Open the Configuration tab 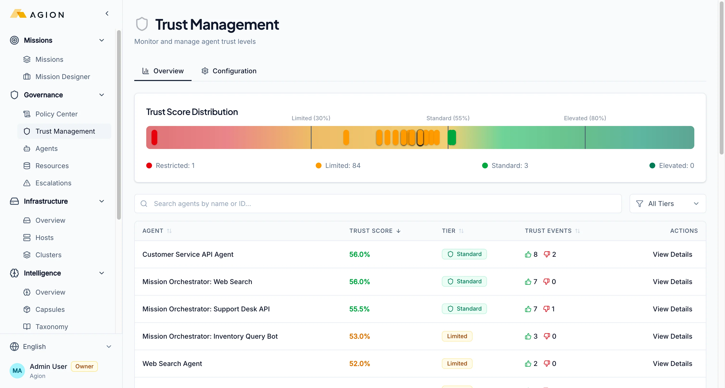(229, 71)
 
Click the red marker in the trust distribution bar (154, 137)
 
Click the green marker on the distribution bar (452, 137)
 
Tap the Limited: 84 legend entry (338, 165)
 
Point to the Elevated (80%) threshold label (585, 118)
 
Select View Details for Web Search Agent (672, 364)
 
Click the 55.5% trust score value (359, 309)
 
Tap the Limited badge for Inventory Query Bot (457, 336)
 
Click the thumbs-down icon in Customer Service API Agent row (547, 254)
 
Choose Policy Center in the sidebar (56, 114)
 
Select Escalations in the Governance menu (53, 183)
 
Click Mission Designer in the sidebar (63, 77)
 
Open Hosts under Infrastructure (44, 238)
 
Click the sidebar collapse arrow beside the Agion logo (107, 13)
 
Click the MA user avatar (17, 370)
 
